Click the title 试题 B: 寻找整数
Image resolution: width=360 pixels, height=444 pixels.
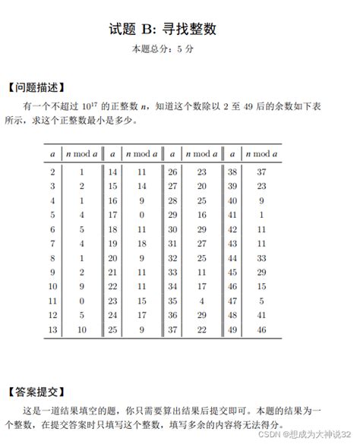pyautogui.click(x=180, y=30)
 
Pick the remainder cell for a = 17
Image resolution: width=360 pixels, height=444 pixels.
pyautogui.click(x=141, y=215)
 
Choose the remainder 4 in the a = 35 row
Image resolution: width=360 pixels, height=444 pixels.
pyautogui.click(x=201, y=300)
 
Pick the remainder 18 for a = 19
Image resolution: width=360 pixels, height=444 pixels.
pyautogui.click(x=141, y=243)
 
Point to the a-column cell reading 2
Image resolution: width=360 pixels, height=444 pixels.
pyautogui.click(x=52, y=172)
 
